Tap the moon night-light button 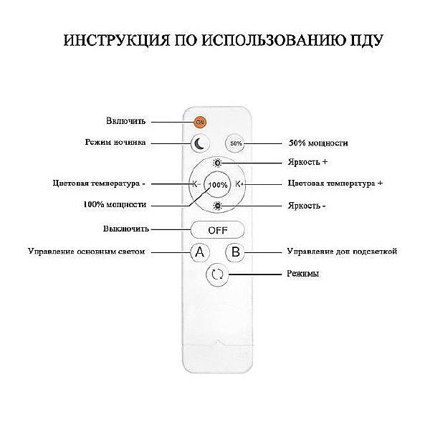click(200, 143)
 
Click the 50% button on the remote click(236, 143)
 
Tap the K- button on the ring click(196, 184)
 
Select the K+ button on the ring click(239, 184)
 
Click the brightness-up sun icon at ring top click(217, 163)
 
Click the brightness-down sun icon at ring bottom click(217, 206)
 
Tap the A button click(200, 252)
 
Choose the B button click(235, 252)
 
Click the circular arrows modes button click(217, 274)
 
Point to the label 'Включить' click(126, 121)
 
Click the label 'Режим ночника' click(115, 142)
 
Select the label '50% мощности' click(318, 143)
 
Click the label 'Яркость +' click(307, 162)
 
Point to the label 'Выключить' click(126, 229)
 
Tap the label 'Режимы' click(302, 274)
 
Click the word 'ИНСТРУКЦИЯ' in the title click(117, 40)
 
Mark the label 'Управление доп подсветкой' click(342, 252)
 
